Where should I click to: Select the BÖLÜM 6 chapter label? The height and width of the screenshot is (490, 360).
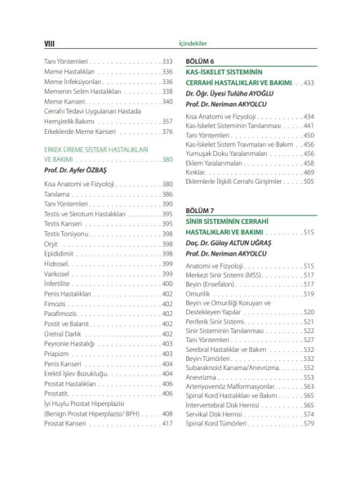tap(199, 61)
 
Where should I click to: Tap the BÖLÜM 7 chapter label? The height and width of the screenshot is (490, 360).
tap(199, 211)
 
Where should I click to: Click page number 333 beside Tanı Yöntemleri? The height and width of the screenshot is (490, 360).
tap(167, 62)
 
